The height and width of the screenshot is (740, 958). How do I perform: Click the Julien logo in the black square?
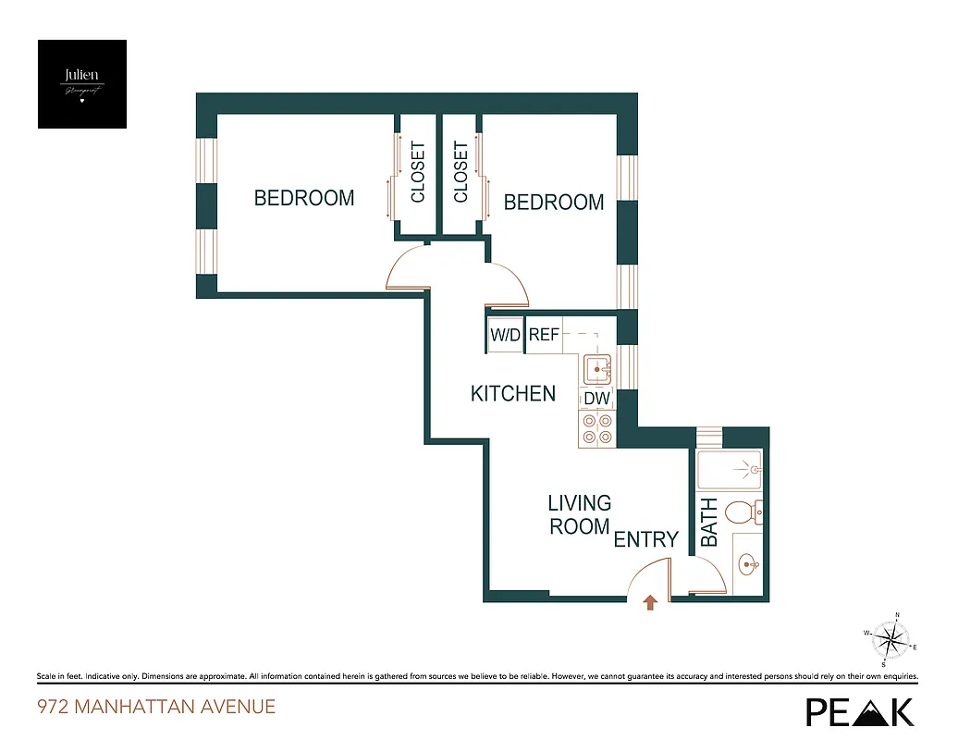pos(82,84)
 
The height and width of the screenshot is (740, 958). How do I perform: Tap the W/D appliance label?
pos(506,336)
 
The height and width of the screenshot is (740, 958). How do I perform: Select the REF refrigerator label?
pos(545,336)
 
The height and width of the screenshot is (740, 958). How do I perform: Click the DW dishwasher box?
pos(597,398)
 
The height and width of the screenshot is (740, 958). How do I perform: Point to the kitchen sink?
pos(598,369)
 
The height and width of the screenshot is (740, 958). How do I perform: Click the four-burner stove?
pos(597,428)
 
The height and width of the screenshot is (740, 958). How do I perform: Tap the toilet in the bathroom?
pos(743,512)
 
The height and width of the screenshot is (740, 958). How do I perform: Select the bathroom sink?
pos(747,561)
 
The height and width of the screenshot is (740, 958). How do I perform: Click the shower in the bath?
pos(729,471)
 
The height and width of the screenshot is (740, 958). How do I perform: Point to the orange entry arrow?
pos(650,603)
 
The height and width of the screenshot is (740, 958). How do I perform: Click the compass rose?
pos(890,638)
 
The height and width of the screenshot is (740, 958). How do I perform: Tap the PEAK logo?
pos(860,710)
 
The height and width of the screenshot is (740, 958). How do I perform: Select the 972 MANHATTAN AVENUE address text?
pos(156,708)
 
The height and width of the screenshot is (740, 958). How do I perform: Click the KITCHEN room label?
pos(513,394)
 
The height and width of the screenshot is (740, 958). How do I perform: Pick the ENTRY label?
pos(646,539)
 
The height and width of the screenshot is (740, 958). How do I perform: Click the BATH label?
pos(709,523)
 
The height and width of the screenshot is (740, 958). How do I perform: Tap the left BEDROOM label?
pos(304,198)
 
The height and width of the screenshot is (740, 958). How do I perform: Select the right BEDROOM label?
pos(554,203)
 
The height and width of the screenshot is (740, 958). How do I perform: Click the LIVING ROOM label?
pos(580,515)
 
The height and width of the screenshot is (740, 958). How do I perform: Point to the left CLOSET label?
pos(418,173)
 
